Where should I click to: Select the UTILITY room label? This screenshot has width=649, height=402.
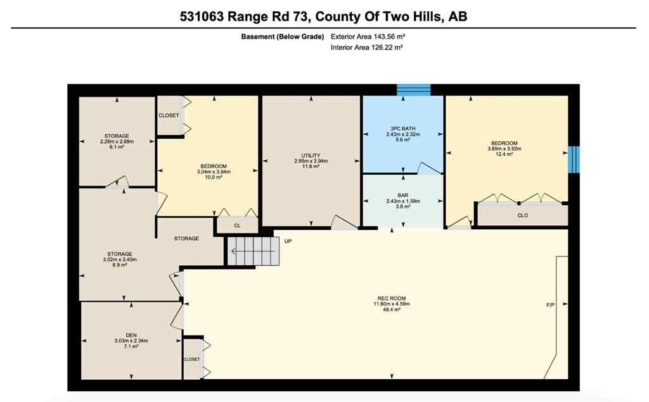point(311,156)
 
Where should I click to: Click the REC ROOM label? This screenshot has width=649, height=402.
point(390,298)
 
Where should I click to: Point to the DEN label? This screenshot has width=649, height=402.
point(131,335)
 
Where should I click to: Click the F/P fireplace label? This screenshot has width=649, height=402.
point(550,305)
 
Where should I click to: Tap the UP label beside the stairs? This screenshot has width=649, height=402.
point(288,241)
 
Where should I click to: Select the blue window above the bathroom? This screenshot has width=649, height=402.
point(413,90)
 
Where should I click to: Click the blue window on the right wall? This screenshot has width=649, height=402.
point(573,159)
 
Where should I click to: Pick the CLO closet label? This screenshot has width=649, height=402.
point(523,216)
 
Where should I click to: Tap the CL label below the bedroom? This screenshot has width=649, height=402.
point(237,225)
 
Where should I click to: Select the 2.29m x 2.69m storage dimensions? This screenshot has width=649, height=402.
point(117,141)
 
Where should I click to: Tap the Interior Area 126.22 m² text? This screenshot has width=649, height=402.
point(368,47)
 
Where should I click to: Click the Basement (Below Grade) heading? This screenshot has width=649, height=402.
point(283,36)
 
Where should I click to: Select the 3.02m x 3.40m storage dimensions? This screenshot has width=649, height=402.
point(119,259)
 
